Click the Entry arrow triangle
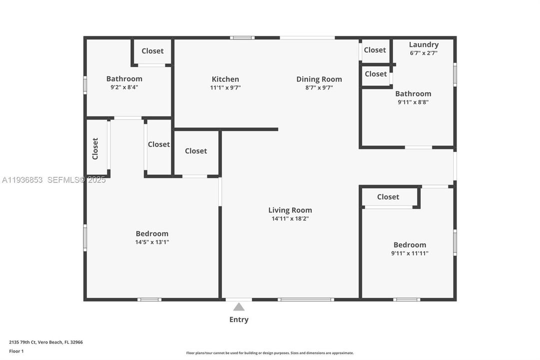pyautogui.click(x=239, y=307)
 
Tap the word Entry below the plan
pyautogui.click(x=239, y=319)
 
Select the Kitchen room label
pyautogui.click(x=225, y=79)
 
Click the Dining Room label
pyautogui.click(x=319, y=79)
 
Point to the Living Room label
pyautogui.click(x=290, y=210)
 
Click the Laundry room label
pyautogui.click(x=424, y=44)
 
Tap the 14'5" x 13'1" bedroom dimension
pyautogui.click(x=152, y=242)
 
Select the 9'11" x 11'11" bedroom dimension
pyautogui.click(x=410, y=253)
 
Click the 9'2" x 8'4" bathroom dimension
pyautogui.click(x=124, y=87)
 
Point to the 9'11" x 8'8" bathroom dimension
pyautogui.click(x=413, y=102)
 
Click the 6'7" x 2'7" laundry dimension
pyautogui.click(x=424, y=52)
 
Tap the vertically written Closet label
pyautogui.click(x=95, y=148)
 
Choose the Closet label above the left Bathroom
pyautogui.click(x=152, y=50)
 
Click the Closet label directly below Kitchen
pyautogui.click(x=196, y=150)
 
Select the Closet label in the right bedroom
pyautogui.click(x=388, y=196)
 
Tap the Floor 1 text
pyautogui.click(x=16, y=351)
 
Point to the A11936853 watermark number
pyautogui.click(x=22, y=180)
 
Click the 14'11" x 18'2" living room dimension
pyautogui.click(x=290, y=218)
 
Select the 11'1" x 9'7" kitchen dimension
pyautogui.click(x=225, y=87)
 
